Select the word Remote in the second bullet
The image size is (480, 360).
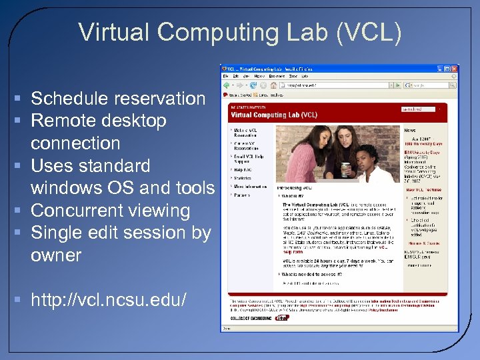[64, 121]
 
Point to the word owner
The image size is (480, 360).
[56, 255]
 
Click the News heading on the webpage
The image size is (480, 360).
[411, 131]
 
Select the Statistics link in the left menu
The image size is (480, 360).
[243, 177]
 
